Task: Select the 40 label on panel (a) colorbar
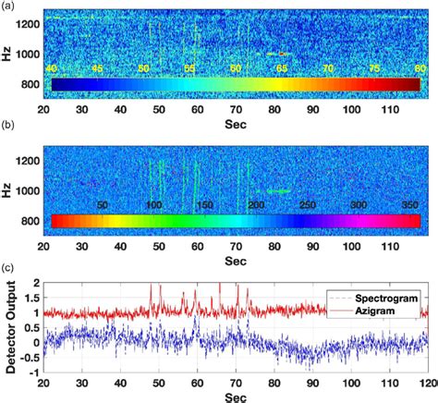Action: click(51, 69)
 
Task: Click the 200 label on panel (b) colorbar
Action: click(255, 204)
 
